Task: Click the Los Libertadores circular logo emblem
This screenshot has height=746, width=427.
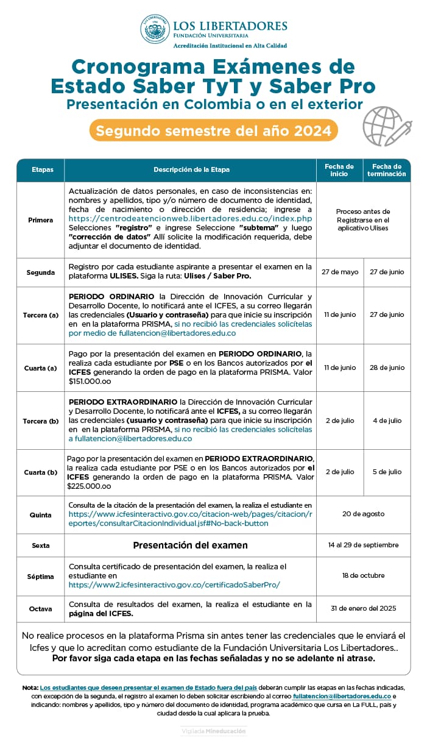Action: [x=155, y=29]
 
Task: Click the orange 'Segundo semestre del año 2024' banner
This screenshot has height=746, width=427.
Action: [x=213, y=130]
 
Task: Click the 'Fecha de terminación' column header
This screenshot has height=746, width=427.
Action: [x=386, y=170]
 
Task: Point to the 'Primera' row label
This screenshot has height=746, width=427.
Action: [x=41, y=219]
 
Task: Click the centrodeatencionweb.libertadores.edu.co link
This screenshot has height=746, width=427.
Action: [x=190, y=218]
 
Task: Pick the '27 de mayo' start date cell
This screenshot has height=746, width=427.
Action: [x=339, y=272]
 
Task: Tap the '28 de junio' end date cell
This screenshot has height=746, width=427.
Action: [x=387, y=368]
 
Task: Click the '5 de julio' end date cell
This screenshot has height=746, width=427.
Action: [x=387, y=472]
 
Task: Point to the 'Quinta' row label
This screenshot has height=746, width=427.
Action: [x=41, y=514]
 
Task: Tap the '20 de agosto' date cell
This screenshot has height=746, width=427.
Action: [x=363, y=514]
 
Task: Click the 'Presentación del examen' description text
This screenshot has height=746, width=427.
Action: [x=190, y=545]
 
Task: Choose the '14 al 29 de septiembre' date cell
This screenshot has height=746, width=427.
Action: [x=363, y=545]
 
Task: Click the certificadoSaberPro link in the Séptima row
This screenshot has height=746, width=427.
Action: [x=174, y=584]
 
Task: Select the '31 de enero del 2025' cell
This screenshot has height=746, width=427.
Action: [x=363, y=608]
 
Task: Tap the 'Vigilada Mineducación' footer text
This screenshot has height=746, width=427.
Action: [x=213, y=730]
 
